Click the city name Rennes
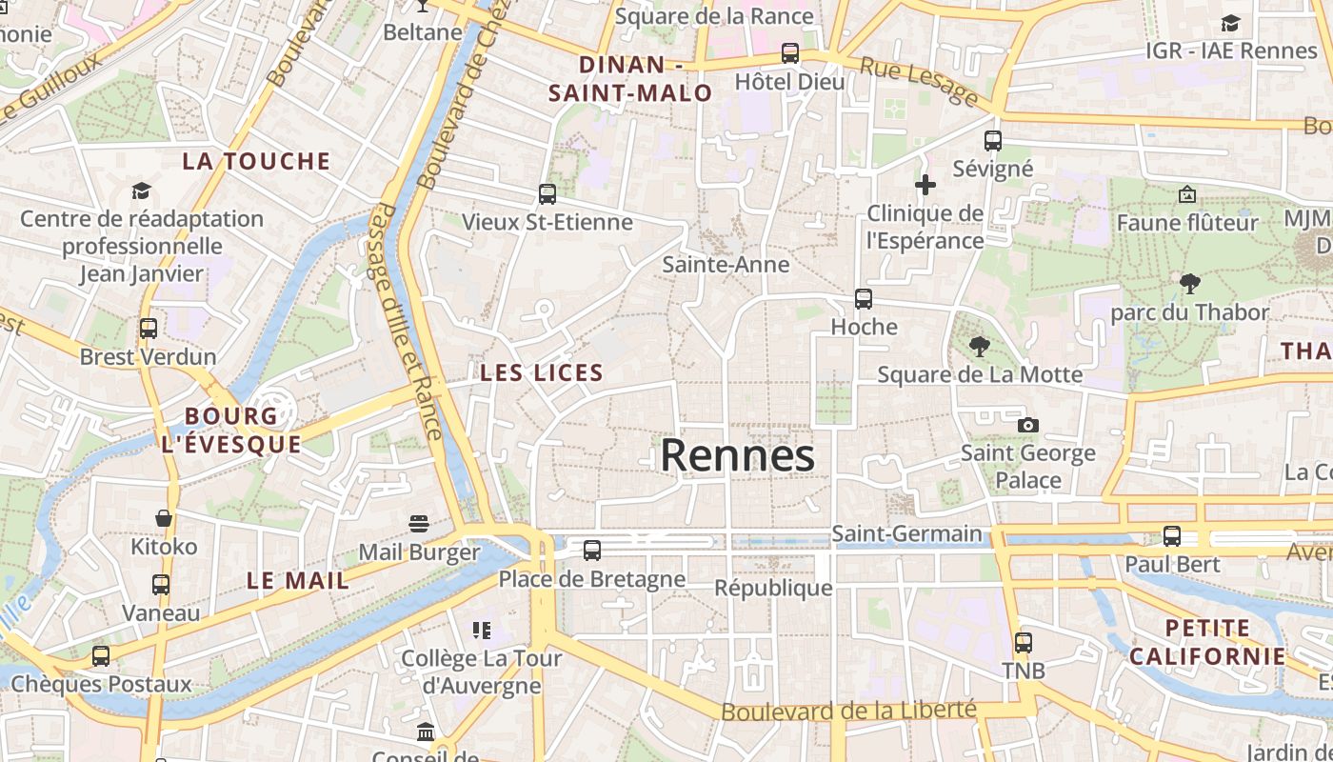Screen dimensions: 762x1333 pos(738,455)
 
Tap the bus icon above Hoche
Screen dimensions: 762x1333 pos(864,299)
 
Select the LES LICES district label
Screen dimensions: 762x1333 pos(542,372)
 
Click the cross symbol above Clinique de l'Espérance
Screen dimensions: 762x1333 pos(925,185)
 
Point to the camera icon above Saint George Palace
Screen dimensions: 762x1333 pos(1028,425)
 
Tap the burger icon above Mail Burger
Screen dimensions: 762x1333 pos(419,523)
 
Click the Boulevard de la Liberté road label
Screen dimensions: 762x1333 pos(848,711)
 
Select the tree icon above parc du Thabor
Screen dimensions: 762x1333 pos(1189,283)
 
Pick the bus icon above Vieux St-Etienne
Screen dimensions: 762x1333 pos(547,194)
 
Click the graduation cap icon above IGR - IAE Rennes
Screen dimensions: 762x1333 pos(1231,23)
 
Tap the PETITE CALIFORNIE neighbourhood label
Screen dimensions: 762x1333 pos(1207,642)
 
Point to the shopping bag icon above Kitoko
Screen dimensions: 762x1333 pos(164,518)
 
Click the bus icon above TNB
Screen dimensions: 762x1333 pos(1024,643)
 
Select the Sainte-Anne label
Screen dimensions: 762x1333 pos(726,264)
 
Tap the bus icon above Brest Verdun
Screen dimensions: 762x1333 pos(149,329)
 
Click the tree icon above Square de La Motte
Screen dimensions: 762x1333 pos(979,347)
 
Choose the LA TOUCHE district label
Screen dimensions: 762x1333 pos(256,161)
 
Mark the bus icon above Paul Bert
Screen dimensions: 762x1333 pos(1172,536)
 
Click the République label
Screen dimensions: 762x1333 pos(773,588)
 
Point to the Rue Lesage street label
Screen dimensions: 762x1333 pos(919,81)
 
